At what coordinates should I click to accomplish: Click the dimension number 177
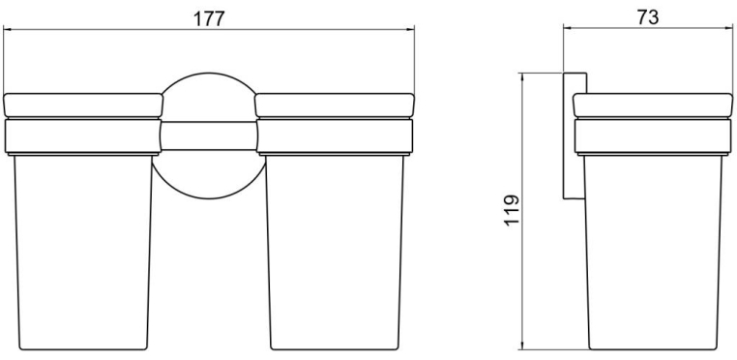point(209,18)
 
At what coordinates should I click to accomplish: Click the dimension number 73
point(648,17)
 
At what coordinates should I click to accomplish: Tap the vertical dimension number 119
point(512,210)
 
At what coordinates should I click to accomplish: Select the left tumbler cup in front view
point(83,253)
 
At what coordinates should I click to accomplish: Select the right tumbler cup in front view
point(335,253)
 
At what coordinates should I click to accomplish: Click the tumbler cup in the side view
point(653,253)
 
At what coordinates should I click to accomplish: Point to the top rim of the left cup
point(83,105)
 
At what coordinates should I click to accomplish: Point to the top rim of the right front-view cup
point(335,105)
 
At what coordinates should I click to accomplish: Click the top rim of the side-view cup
point(653,105)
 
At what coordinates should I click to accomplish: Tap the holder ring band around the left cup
point(83,136)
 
